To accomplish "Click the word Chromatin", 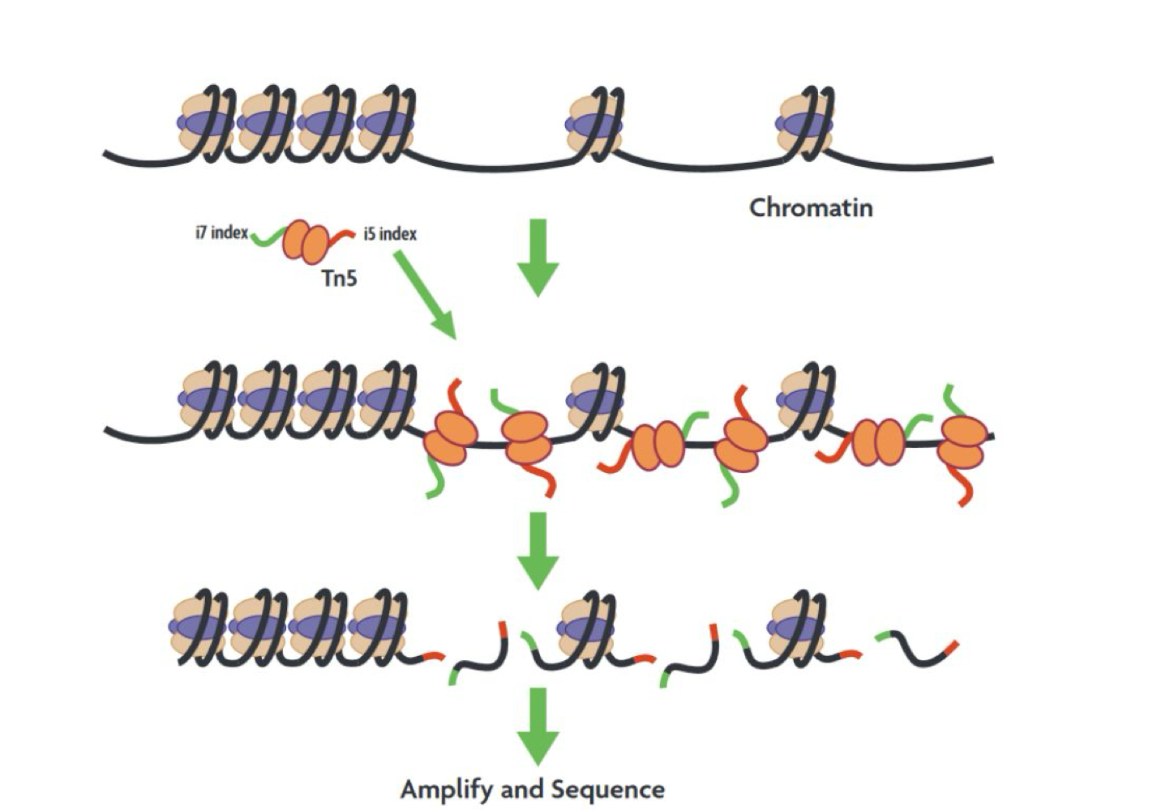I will coord(811,208).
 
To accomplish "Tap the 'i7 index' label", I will coord(221,233).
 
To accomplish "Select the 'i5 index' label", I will coord(390,234).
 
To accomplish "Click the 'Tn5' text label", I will coord(339,279).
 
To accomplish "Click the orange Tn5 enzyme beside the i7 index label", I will coord(306,241).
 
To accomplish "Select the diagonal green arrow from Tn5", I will coord(425,296).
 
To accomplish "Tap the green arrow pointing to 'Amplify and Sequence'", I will coord(538,726).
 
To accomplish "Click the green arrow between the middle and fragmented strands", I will coord(538,551).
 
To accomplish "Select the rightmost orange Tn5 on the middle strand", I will coord(962,442).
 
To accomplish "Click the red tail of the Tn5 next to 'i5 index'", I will coord(343,236).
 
